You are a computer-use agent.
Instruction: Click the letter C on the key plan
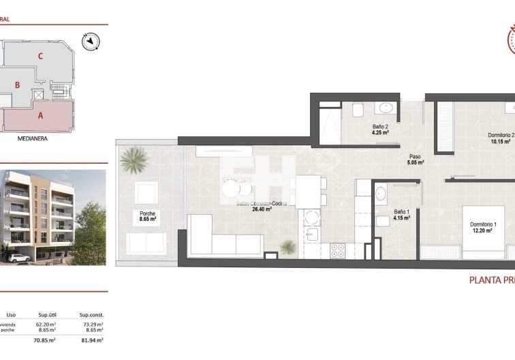pos(41,57)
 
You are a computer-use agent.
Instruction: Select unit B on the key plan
pos(18,85)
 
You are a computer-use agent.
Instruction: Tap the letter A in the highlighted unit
pos(41,115)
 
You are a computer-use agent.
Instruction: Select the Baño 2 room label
pos(380,130)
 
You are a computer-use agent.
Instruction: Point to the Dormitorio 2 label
pos(501,138)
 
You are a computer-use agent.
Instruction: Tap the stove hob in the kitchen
pos(339,250)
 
